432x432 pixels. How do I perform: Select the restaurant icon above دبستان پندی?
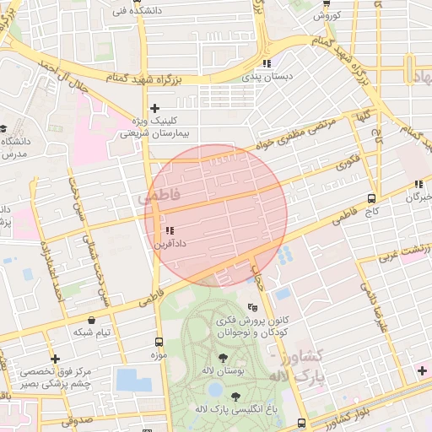click(267, 63)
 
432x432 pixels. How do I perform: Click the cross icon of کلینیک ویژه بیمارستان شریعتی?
click(154, 108)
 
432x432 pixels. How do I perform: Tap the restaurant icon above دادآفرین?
click(170, 230)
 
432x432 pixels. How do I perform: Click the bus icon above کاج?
click(372, 198)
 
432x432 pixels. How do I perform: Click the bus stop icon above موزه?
click(159, 342)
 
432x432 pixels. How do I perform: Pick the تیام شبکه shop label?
click(91, 332)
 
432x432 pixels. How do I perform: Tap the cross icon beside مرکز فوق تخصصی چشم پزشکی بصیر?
click(55, 359)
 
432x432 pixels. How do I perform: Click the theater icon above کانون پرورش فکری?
click(251, 308)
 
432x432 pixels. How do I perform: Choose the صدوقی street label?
click(75, 418)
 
